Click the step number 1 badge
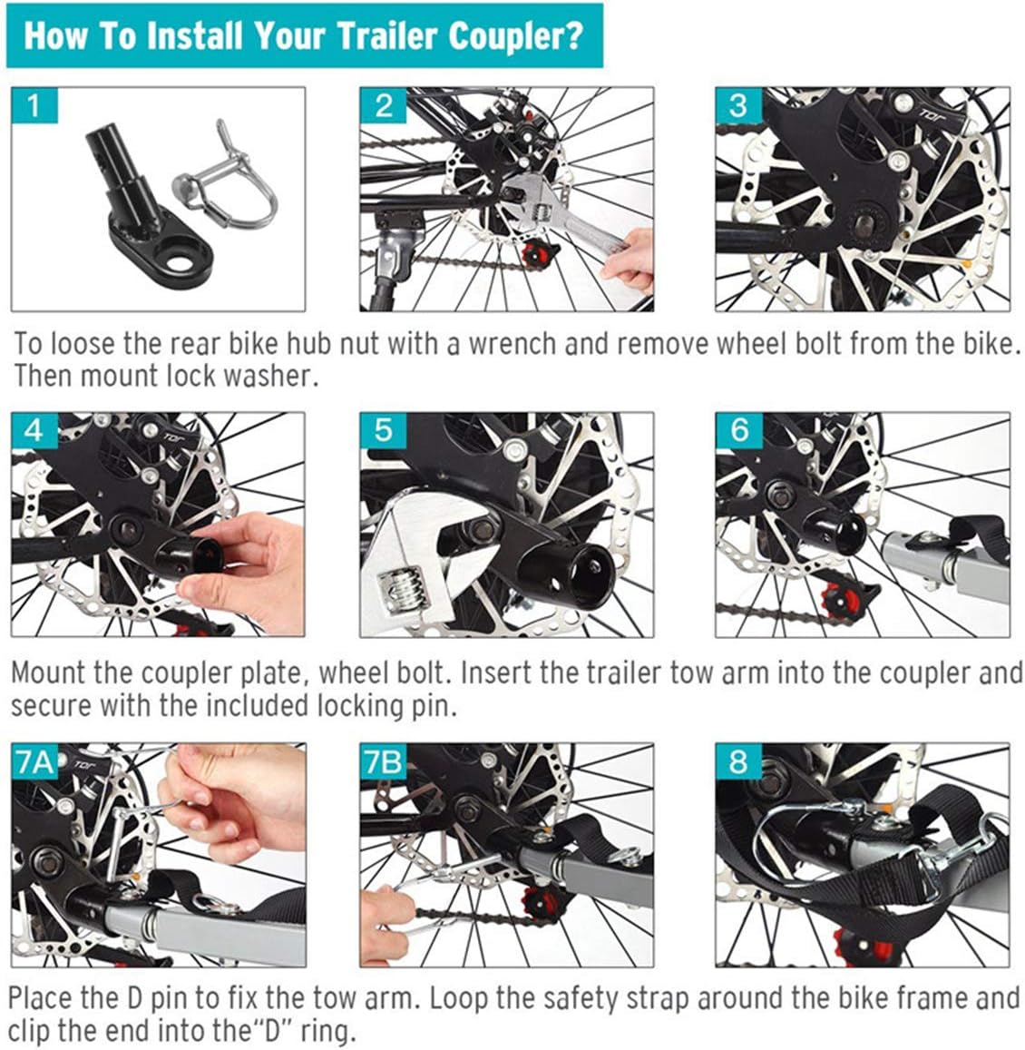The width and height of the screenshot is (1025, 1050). (x=34, y=106)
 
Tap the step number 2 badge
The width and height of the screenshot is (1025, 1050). (x=383, y=106)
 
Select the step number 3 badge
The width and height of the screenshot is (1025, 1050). (x=738, y=106)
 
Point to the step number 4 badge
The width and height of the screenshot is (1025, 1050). (x=34, y=430)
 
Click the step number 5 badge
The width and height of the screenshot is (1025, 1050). (x=383, y=430)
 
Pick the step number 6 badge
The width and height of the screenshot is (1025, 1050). (x=738, y=430)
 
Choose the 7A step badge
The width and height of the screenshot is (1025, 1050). (x=34, y=761)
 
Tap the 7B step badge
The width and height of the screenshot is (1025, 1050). (x=383, y=761)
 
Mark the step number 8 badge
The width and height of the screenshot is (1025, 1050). (x=738, y=761)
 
